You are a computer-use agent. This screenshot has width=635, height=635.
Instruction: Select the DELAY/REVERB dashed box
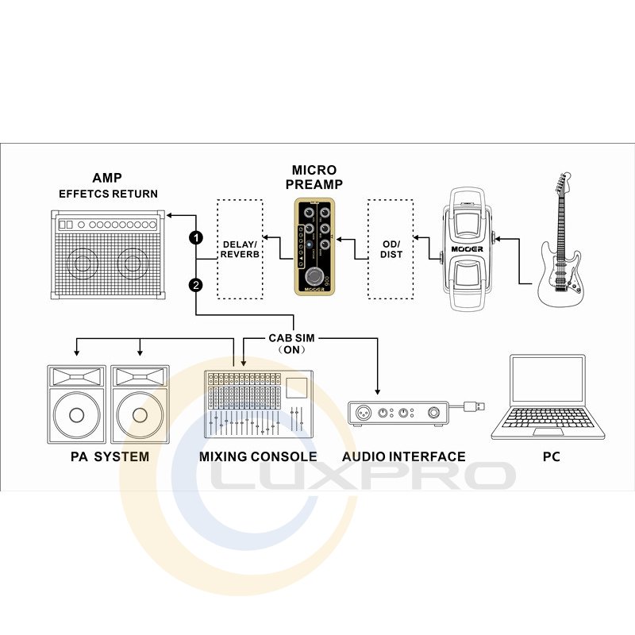pos(240,249)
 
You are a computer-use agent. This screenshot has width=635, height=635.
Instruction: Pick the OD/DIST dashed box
pos(391,249)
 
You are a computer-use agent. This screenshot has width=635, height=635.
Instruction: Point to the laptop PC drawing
pos(548,397)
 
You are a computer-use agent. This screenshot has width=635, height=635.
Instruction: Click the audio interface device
pos(396,413)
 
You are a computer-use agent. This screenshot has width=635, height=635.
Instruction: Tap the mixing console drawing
pos(257,404)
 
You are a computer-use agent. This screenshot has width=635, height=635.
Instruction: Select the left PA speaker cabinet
pos(76,404)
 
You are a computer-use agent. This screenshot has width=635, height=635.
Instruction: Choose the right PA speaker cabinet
pos(140,404)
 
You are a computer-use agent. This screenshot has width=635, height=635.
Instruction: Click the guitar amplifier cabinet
pos(108,254)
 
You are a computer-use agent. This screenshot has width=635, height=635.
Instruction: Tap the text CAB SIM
pos(291,338)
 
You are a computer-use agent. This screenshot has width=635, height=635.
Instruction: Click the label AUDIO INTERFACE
pos(404,456)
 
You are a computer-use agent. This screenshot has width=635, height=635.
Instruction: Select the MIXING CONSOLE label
pos(258,456)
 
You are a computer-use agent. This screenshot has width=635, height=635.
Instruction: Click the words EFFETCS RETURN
pos(108,194)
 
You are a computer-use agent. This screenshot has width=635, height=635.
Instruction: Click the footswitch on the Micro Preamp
pos(315,276)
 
